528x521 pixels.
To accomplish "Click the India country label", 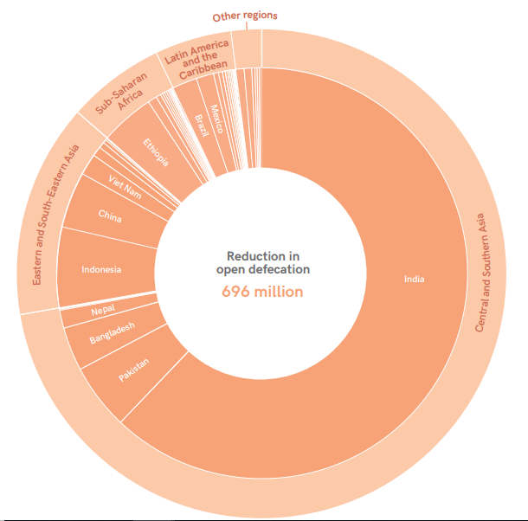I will (x=415, y=279).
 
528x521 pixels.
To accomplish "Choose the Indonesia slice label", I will (x=101, y=269).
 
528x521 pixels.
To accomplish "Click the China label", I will (x=110, y=215).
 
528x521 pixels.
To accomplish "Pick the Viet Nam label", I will (x=126, y=186).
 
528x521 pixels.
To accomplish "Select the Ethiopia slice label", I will (x=157, y=152).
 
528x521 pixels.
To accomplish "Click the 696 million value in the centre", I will (x=262, y=292).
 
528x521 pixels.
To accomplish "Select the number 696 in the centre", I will (x=235, y=292).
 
